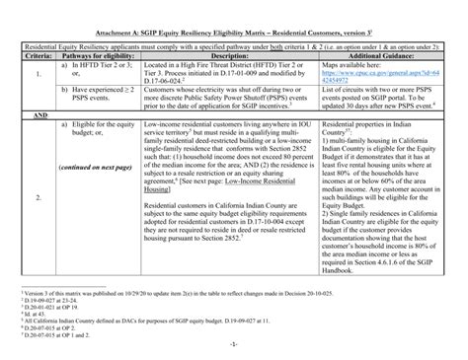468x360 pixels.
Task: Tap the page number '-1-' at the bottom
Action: point(234,348)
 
